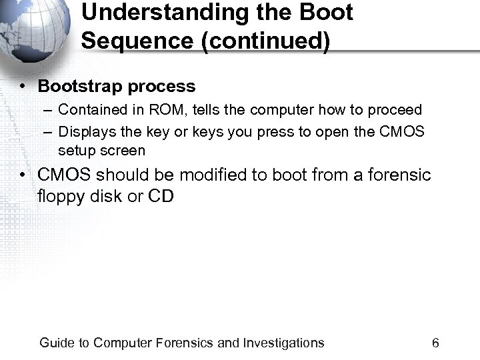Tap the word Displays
(x=85, y=132)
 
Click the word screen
(x=123, y=151)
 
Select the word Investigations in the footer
(x=283, y=343)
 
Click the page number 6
(x=435, y=343)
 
